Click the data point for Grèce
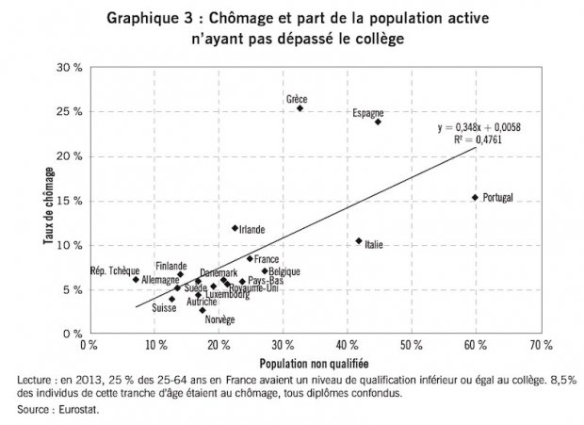coord(300,108)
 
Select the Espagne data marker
coord(378,122)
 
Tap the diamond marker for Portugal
coord(475,197)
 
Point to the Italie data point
coord(359,241)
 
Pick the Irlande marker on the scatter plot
coord(235,228)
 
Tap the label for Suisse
coord(165,308)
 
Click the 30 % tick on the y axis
coord(67,68)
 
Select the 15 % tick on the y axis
coord(67,201)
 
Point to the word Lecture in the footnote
coord(37,380)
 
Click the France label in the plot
coord(267,258)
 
